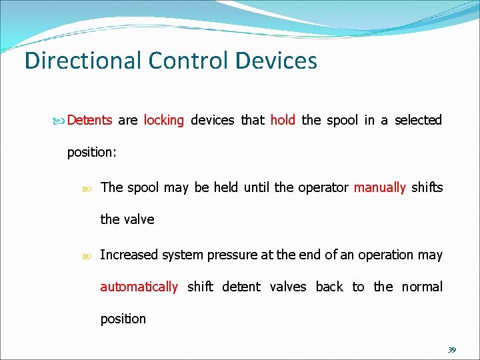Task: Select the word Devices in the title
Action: [276, 61]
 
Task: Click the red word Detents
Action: [89, 121]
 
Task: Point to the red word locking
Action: [163, 121]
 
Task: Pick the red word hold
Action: [283, 121]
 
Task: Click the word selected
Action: [418, 121]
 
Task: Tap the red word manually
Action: [379, 187]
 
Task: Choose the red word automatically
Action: [139, 287]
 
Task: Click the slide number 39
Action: [451, 350]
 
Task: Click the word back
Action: [329, 287]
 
